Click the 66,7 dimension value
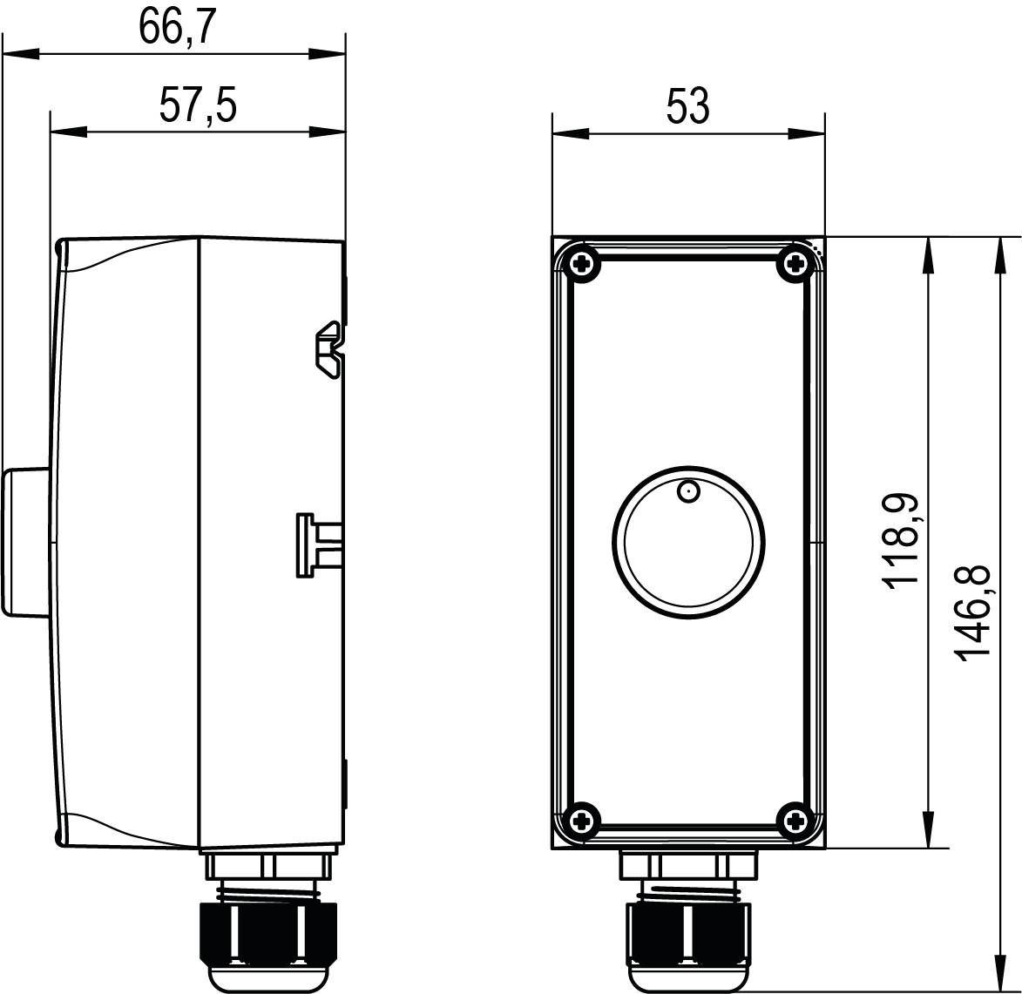pyautogui.click(x=177, y=27)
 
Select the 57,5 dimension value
pyautogui.click(x=198, y=106)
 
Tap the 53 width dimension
pyautogui.click(x=687, y=106)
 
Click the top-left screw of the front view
pyautogui.click(x=581, y=262)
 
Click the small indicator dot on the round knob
pyautogui.click(x=688, y=493)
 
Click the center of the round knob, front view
pyautogui.click(x=688, y=541)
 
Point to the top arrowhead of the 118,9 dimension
pyautogui.click(x=930, y=253)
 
